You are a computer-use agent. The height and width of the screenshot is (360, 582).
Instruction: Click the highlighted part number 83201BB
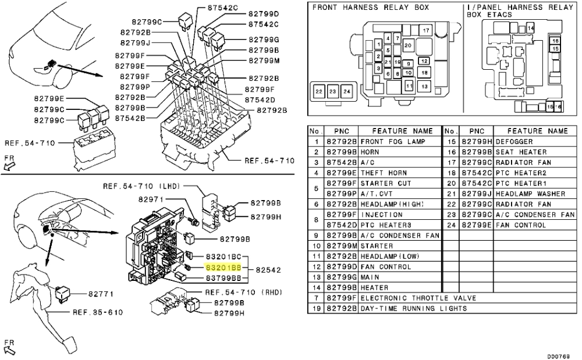pos(223,268)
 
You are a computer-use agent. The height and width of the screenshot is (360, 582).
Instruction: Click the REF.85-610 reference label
pos(97,313)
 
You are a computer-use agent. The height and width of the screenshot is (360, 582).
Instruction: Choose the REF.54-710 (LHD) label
pos(141,186)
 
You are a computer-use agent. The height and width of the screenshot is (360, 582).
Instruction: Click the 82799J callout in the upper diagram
pos(135,42)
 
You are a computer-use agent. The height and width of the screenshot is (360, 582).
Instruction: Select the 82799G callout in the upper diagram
pos(264,40)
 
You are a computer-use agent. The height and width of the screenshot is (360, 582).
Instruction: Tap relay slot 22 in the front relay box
pos(319,92)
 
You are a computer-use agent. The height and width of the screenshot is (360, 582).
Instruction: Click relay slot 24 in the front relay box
pos(346,92)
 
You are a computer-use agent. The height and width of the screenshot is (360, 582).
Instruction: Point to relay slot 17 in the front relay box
pos(426,30)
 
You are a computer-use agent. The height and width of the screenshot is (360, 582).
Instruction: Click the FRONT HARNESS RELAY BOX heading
pos(371,8)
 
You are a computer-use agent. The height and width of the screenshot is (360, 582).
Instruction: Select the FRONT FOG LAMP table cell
pos(392,141)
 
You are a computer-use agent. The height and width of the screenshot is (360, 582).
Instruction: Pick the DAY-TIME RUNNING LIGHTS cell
pos(413,308)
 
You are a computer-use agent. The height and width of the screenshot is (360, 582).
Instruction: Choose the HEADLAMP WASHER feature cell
pos(532,194)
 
